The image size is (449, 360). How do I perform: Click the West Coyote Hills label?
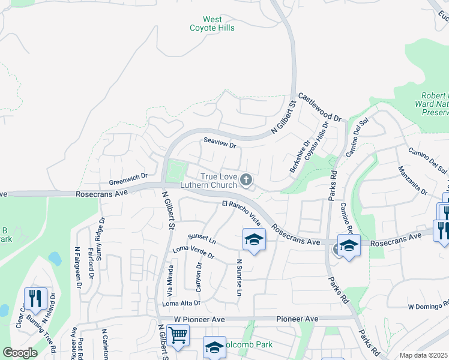[212, 23]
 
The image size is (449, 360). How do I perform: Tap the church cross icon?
[246, 179]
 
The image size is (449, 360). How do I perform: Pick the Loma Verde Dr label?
[193, 252]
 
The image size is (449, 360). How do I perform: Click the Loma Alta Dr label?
[181, 304]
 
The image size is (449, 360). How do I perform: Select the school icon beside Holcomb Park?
[214, 346]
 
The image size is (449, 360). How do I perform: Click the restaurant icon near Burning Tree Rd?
[35, 298]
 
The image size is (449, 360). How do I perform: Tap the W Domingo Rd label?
[428, 307]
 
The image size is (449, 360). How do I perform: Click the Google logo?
[19, 353]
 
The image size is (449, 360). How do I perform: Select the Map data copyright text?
[423, 355]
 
